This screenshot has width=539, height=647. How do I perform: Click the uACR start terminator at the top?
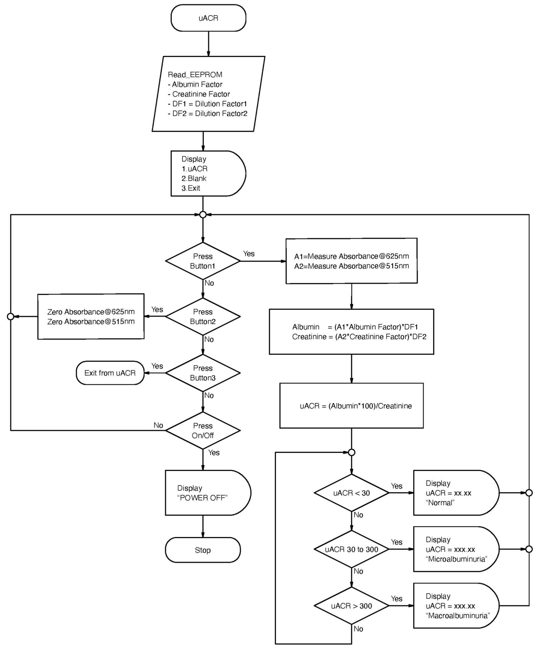pos(208,18)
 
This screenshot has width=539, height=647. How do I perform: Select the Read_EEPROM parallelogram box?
pos(208,94)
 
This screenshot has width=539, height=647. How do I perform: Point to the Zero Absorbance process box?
pos(91,316)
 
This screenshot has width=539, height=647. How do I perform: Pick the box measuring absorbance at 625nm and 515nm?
pos(351,261)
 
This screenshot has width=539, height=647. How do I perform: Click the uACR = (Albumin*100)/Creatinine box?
pos(351,406)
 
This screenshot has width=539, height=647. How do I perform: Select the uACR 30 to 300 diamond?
pos(351,549)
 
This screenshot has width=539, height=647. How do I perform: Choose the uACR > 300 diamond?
pos(351,606)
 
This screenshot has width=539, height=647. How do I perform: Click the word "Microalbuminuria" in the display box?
pos(456,559)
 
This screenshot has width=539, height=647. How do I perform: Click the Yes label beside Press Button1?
pos(249,254)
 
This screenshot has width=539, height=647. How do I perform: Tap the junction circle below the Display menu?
pos(203,215)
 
